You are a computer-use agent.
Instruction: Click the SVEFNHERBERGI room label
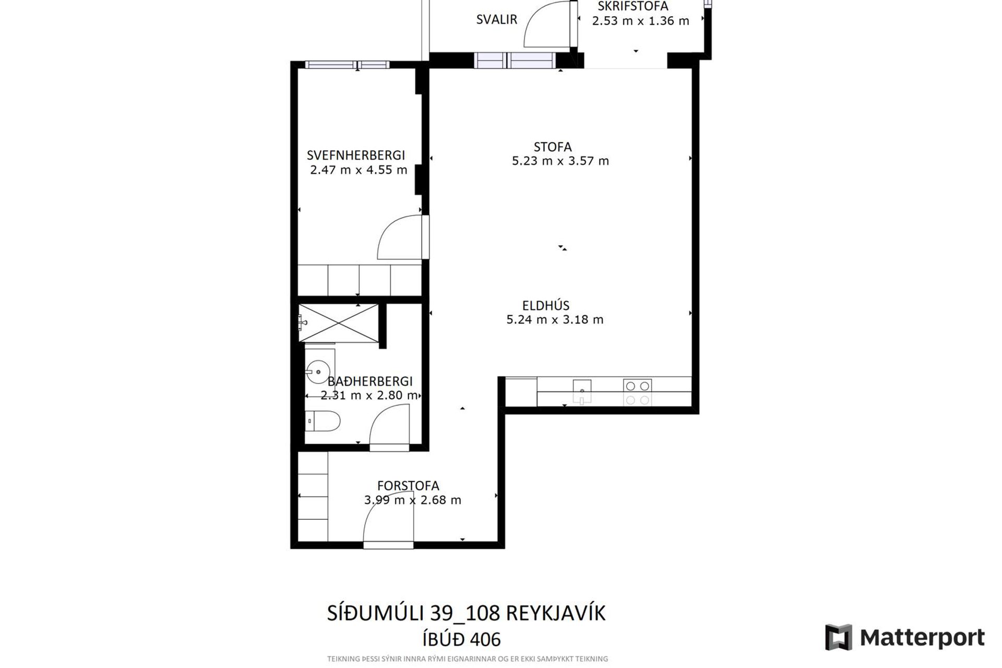click(x=356, y=155)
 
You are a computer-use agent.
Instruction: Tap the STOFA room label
click(x=553, y=147)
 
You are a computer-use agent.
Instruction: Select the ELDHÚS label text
click(x=546, y=305)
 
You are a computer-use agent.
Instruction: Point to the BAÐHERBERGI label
click(x=370, y=381)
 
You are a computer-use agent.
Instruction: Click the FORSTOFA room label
click(x=408, y=486)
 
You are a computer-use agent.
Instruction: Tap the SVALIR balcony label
click(x=497, y=19)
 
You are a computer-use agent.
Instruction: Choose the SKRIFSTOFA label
click(x=633, y=6)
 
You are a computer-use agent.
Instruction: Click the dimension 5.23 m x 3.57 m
click(x=560, y=161)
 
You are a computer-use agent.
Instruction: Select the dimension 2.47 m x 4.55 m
click(x=359, y=170)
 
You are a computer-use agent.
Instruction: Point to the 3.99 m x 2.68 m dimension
click(x=413, y=500)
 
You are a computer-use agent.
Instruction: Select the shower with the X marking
click(x=339, y=324)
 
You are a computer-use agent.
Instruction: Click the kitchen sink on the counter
click(x=582, y=391)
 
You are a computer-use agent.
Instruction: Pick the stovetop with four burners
click(x=637, y=392)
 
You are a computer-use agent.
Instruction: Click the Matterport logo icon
click(x=839, y=637)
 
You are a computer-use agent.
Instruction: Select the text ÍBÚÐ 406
click(x=461, y=639)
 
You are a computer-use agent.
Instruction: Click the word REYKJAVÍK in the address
click(x=556, y=613)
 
